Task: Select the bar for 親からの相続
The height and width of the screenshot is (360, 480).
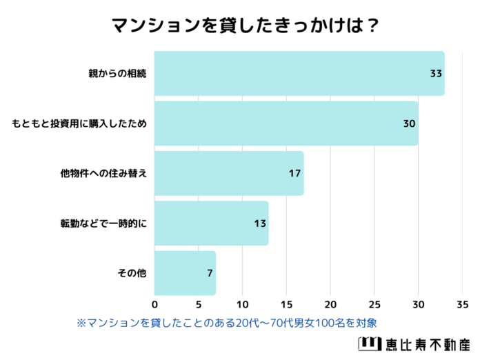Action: click(x=299, y=73)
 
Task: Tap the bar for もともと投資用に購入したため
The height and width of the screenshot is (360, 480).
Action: click(x=286, y=123)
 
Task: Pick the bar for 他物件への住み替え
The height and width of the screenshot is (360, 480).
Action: click(x=229, y=173)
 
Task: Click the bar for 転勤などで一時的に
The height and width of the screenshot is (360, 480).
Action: click(x=211, y=223)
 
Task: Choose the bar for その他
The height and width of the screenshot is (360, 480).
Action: click(x=185, y=273)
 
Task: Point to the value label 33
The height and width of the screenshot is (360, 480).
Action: click(x=435, y=73)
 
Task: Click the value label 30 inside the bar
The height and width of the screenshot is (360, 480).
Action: click(x=409, y=123)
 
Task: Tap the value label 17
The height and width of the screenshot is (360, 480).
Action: click(x=294, y=173)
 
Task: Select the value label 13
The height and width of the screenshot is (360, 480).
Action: click(x=259, y=223)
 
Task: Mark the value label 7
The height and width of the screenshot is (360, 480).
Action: click(x=209, y=273)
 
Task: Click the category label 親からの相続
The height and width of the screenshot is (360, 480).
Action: click(x=118, y=73)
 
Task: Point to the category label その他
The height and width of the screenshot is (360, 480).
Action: click(x=132, y=273)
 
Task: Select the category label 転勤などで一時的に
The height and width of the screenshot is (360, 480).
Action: click(x=104, y=223)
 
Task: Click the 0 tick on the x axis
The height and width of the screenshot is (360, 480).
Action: click(x=154, y=304)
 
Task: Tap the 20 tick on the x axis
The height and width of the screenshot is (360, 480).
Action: click(x=330, y=304)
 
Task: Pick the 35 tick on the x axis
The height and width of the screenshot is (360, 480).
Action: click(x=462, y=304)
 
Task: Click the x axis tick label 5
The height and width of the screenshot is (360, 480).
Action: click(x=199, y=304)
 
